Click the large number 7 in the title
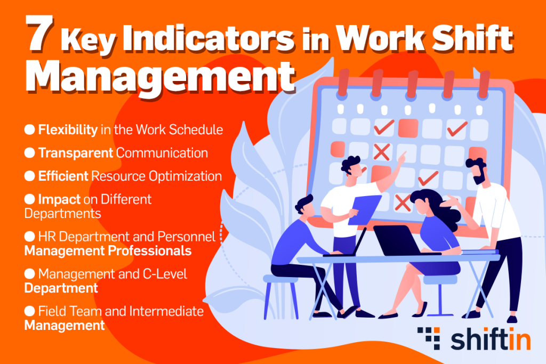point(39,34)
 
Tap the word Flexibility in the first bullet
point(68,130)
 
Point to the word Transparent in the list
point(76,153)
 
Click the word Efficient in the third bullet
point(63,176)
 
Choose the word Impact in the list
point(59,199)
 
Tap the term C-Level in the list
point(165,274)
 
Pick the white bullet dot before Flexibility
point(30,130)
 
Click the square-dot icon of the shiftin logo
point(429,338)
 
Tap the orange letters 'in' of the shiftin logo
point(519,338)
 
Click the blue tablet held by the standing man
point(364,209)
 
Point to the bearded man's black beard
point(479,178)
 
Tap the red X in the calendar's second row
point(382,152)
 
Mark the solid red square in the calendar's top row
point(408,128)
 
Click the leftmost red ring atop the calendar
point(343,83)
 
